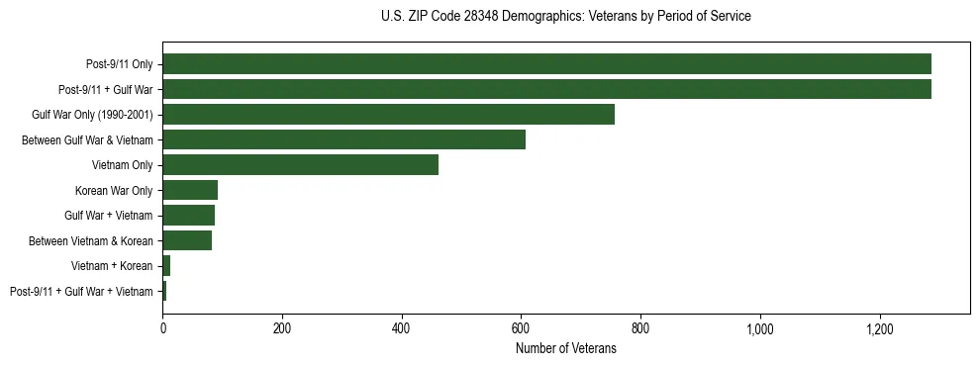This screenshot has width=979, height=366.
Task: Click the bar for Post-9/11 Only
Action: coord(546,64)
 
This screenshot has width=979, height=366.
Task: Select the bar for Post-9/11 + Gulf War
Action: coord(546,89)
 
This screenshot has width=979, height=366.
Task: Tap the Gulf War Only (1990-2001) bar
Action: coord(388,115)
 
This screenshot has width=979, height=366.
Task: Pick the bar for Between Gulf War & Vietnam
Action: coord(343,139)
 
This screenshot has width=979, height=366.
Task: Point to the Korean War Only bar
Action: coord(190,190)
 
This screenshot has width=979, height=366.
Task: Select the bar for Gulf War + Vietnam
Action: coord(188,215)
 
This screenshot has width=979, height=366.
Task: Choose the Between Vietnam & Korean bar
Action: coord(187,240)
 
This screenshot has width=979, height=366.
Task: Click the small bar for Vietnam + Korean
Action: coord(166,265)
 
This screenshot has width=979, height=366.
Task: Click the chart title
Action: coord(565,17)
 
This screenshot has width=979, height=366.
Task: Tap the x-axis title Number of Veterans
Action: coord(565,349)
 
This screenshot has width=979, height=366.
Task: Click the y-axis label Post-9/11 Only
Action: coord(119,64)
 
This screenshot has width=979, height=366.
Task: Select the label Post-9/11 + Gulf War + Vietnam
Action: coord(81,291)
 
